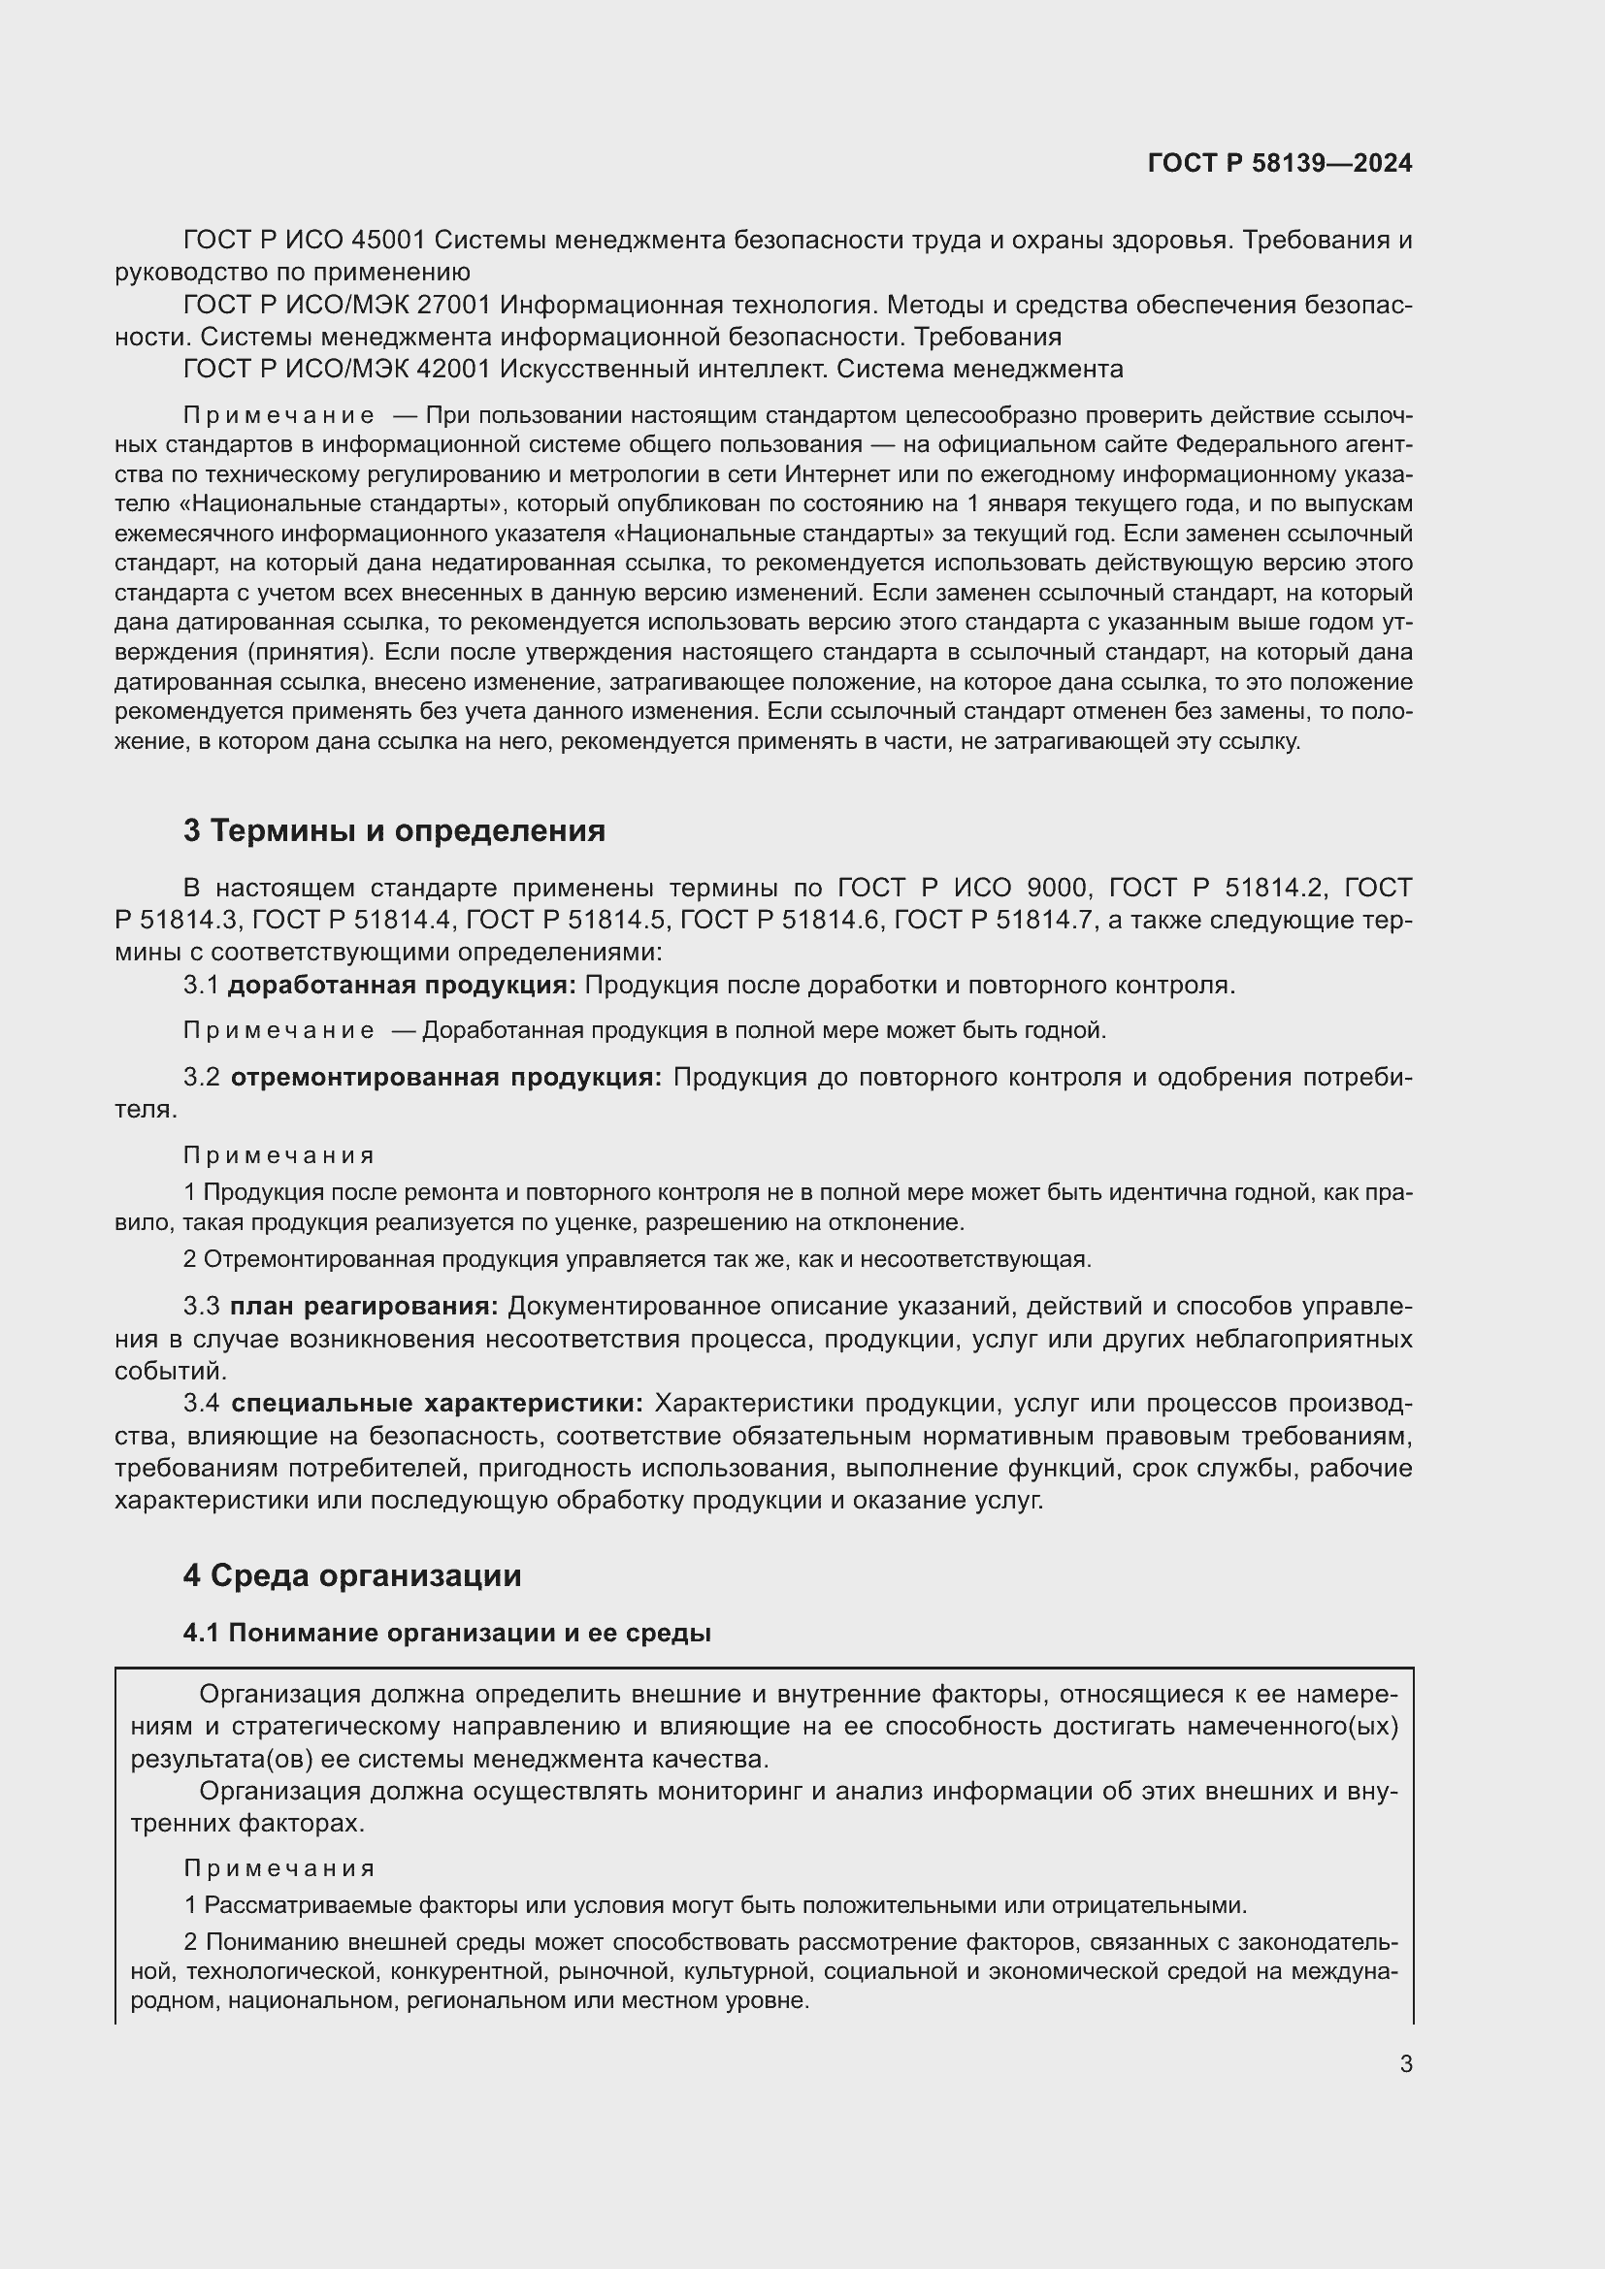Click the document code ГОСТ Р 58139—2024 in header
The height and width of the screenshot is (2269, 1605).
tap(1279, 163)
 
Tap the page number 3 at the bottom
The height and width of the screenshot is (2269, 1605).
tap(1405, 2063)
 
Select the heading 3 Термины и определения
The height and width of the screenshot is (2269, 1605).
tap(394, 831)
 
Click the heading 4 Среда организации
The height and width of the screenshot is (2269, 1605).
tap(352, 1575)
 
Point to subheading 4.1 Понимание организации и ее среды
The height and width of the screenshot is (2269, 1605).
tap(446, 1633)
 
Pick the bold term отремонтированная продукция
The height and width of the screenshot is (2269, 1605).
tap(446, 1077)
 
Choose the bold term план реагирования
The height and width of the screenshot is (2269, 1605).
tap(365, 1307)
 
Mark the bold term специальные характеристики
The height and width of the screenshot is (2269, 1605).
tap(437, 1404)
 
